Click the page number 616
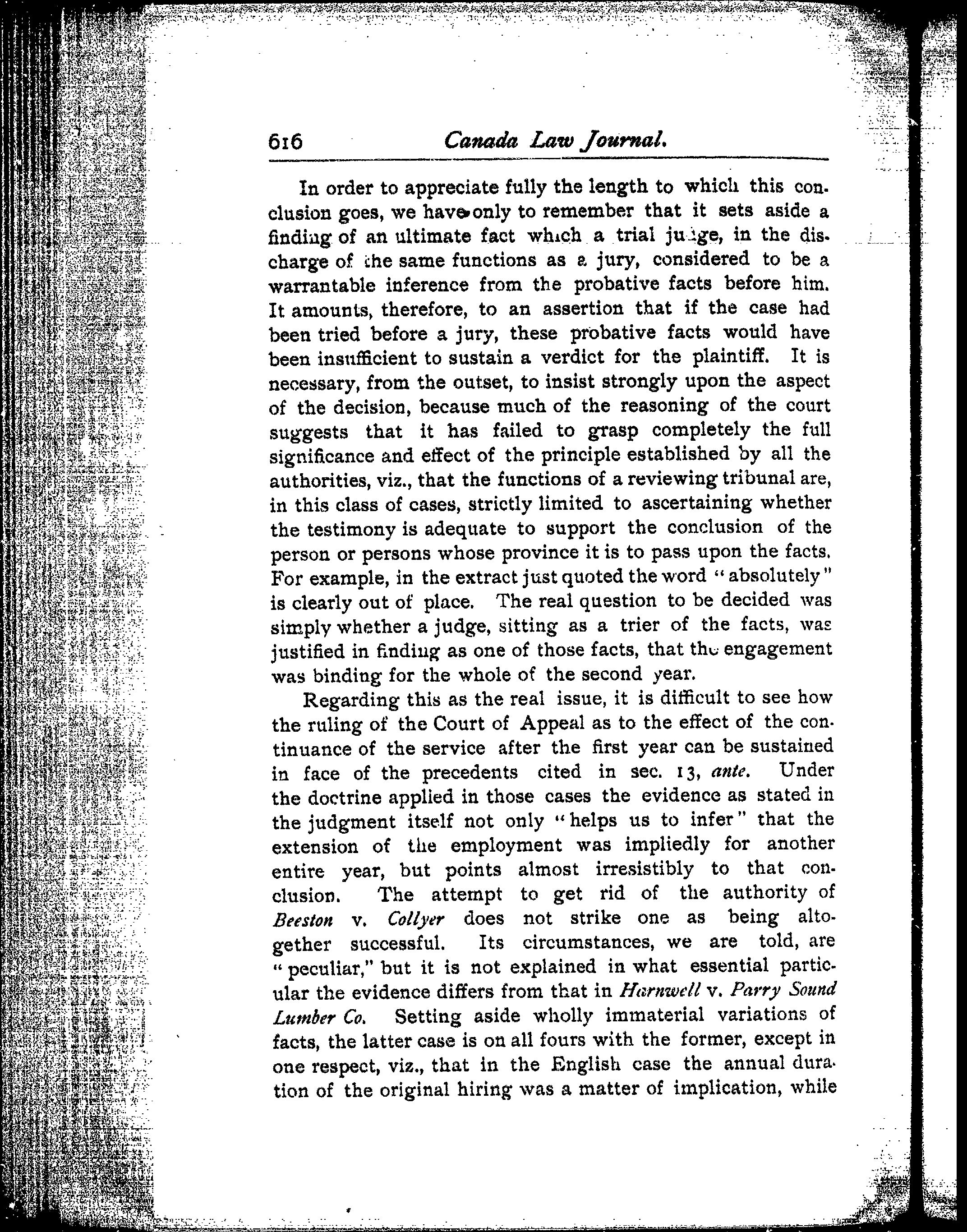tap(285, 141)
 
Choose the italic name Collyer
tap(416, 919)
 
